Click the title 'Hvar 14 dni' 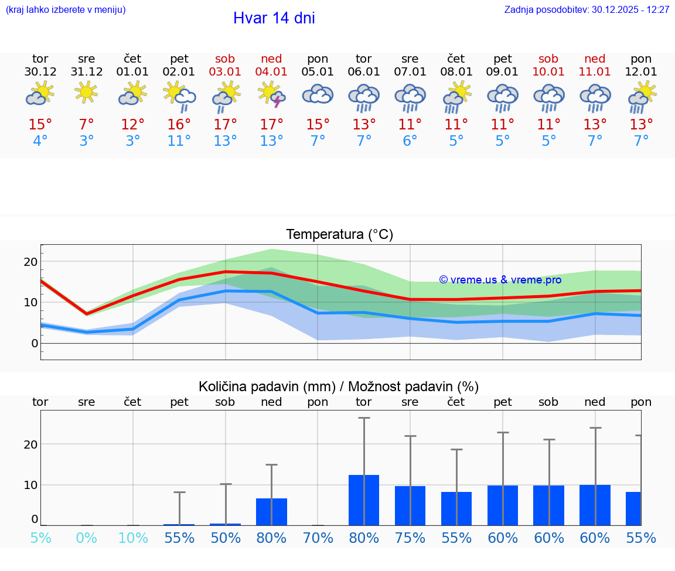tap(274, 18)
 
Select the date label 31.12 tap(87, 72)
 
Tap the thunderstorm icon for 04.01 tap(271, 95)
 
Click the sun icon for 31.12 tap(87, 93)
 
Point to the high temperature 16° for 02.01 tap(179, 125)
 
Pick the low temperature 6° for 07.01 tap(410, 141)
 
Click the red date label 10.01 tap(548, 72)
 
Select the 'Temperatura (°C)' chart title tap(339, 235)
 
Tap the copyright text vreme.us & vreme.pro tap(500, 280)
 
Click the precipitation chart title tap(338, 387)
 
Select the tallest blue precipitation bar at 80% tap(364, 500)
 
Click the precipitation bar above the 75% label tap(410, 505)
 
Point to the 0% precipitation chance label tap(87, 538)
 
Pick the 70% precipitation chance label tap(318, 538)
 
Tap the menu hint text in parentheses tap(65, 10)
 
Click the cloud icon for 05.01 tap(318, 94)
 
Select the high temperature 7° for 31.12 tap(87, 125)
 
